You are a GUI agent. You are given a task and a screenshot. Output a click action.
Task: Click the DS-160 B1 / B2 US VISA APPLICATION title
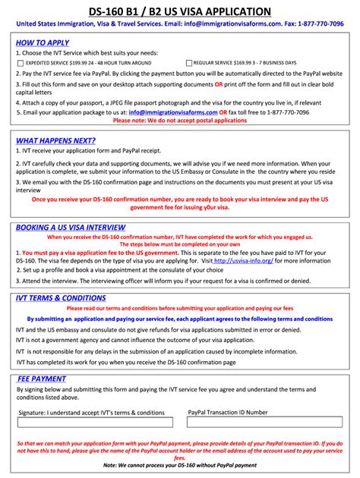tap(179, 11)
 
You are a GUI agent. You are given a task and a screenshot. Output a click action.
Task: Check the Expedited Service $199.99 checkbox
tap(20, 63)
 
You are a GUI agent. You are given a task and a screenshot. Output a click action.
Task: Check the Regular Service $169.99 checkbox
tap(188, 63)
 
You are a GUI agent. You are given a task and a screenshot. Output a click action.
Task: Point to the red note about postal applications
tap(179, 120)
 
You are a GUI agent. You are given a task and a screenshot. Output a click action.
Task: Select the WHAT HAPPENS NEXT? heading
tap(55, 141)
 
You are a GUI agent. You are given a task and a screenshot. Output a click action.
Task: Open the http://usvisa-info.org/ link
tap(243, 259)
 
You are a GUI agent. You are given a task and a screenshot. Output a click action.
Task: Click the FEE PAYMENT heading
tap(42, 379)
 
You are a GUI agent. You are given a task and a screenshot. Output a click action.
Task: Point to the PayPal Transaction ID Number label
tap(227, 413)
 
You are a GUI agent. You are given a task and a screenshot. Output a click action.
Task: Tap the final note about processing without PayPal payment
tap(179, 465)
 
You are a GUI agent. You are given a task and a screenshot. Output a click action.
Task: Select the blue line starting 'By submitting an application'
tap(179, 319)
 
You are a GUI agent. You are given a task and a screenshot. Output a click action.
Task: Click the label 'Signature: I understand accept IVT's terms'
tap(91, 413)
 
